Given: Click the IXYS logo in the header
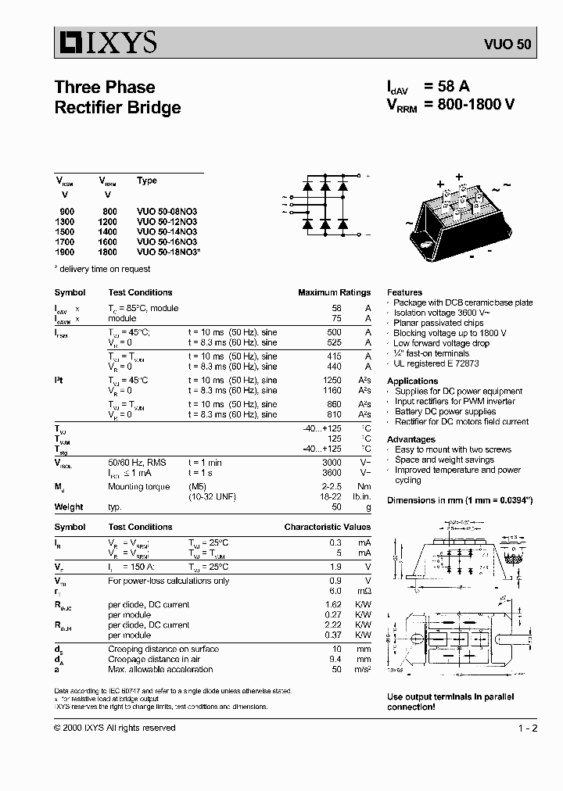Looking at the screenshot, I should [x=106, y=42].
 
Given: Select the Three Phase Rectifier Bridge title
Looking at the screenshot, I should [x=117, y=98].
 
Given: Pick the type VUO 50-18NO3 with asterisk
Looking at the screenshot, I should [x=168, y=252].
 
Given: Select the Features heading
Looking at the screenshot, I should [x=404, y=292].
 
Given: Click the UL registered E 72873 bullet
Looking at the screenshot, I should [x=436, y=363].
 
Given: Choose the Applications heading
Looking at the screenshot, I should [x=412, y=381].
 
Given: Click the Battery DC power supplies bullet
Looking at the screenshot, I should [x=445, y=411].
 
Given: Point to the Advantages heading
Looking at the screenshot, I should [x=411, y=439].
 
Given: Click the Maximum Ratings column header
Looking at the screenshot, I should [x=334, y=292].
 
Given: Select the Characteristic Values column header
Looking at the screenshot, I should [x=327, y=527].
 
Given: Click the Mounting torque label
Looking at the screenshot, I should [x=138, y=487].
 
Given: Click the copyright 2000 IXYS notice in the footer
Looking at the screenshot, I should [x=115, y=728].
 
